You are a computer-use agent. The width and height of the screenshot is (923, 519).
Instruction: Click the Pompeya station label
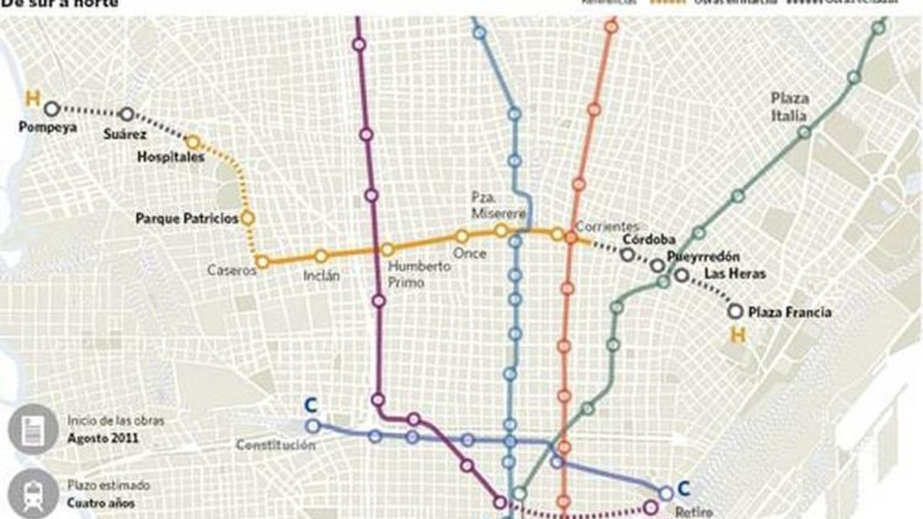click(x=48, y=128)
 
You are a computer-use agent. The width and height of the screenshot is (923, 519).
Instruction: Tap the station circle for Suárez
click(x=127, y=115)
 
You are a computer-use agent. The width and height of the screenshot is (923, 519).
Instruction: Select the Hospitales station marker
click(x=193, y=142)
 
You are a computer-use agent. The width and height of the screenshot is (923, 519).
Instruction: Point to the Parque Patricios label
click(x=187, y=219)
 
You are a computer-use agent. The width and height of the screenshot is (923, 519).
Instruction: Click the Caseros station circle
click(x=262, y=262)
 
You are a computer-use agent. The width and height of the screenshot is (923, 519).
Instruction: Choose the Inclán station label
click(x=321, y=274)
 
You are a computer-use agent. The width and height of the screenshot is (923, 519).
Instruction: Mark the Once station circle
click(x=461, y=237)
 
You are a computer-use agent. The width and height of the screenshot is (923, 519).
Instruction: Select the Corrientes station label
click(x=607, y=226)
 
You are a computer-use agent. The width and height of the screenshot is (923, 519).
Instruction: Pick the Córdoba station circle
click(x=628, y=255)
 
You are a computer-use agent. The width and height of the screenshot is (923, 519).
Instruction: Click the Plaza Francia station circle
click(x=735, y=311)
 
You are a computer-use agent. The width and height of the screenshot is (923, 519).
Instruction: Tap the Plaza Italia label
click(x=790, y=107)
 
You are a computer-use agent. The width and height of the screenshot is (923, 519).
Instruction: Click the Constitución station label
click(x=275, y=445)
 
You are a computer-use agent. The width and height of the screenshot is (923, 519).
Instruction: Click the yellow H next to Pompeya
click(x=32, y=98)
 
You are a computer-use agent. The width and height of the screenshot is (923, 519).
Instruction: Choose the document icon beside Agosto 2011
click(x=33, y=429)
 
